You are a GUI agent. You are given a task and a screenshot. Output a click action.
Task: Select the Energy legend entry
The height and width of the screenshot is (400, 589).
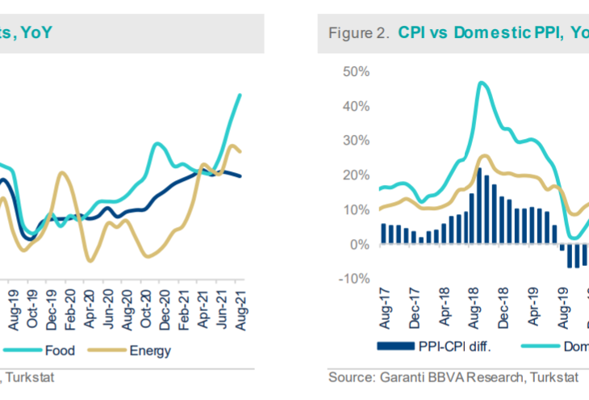(x=151, y=351)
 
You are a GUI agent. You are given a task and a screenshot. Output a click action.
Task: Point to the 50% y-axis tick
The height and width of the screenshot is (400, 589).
(x=356, y=72)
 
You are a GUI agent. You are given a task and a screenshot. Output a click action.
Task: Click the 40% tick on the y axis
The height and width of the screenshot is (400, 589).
(x=356, y=107)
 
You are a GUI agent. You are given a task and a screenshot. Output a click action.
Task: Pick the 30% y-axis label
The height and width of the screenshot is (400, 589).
(x=356, y=141)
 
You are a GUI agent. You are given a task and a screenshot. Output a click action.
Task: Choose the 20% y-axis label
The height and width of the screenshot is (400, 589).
(x=356, y=175)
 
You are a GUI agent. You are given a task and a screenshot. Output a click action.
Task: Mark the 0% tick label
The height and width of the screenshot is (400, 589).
(x=359, y=244)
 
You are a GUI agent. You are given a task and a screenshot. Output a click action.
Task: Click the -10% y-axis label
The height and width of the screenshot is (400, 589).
(x=354, y=279)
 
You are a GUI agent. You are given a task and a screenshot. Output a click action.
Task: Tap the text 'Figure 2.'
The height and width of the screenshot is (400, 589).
(x=357, y=33)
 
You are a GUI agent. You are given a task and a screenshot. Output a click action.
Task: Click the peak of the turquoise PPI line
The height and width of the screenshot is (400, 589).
(x=482, y=82)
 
